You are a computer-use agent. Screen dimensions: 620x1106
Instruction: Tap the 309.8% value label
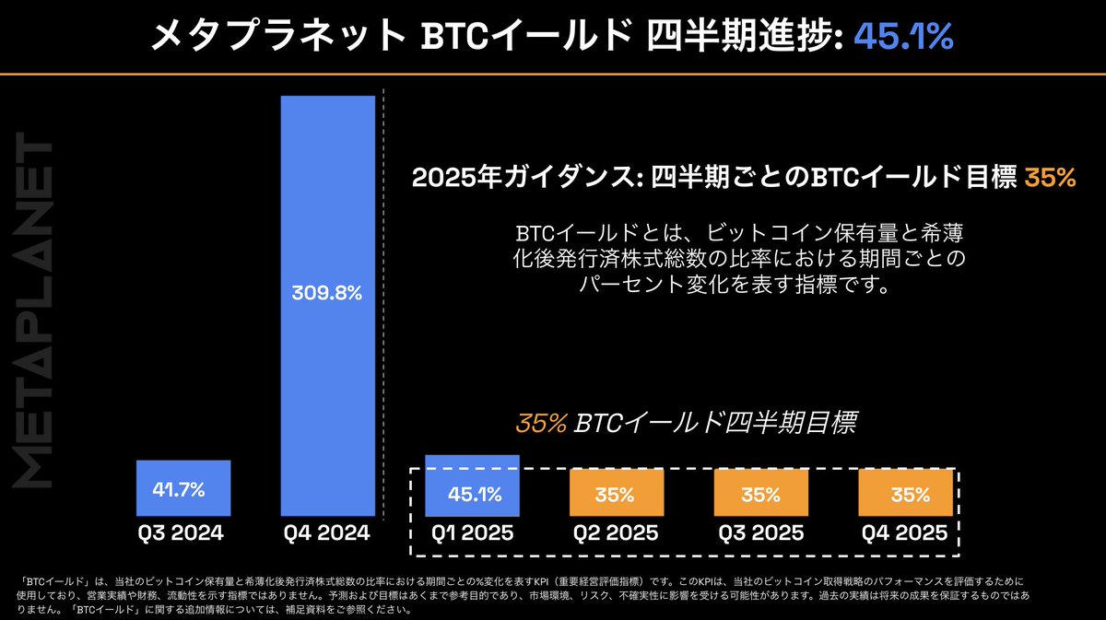[x=328, y=294]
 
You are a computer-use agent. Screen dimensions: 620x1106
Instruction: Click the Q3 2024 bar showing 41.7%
[x=182, y=488]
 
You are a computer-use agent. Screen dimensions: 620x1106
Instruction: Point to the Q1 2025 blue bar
[x=472, y=485]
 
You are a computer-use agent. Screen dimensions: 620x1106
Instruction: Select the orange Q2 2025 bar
[x=615, y=494]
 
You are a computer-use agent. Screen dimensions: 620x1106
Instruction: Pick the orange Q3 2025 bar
[x=760, y=494]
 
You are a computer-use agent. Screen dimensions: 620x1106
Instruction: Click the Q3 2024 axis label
[x=182, y=533]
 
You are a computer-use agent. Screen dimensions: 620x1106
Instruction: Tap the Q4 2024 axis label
[x=328, y=533]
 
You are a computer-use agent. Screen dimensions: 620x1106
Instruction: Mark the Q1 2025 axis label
[x=472, y=533]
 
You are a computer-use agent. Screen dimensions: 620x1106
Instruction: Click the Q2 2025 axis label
[x=615, y=533]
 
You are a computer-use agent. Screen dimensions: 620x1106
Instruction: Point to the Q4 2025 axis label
[x=905, y=533]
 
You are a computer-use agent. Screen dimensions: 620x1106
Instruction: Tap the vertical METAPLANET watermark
[x=37, y=313]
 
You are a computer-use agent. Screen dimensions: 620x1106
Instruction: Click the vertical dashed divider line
[x=384, y=276]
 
